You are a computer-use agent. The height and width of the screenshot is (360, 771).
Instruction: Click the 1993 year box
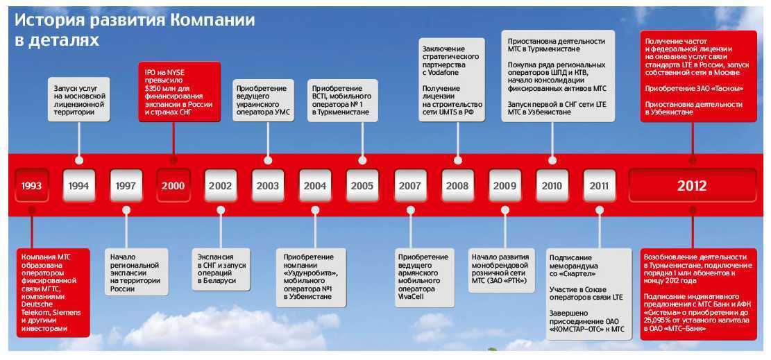click(31, 185)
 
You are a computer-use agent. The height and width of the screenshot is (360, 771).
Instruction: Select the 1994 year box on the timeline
click(78, 185)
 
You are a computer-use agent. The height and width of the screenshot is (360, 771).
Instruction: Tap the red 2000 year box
click(173, 185)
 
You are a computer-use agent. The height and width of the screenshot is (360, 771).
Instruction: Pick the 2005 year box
click(362, 185)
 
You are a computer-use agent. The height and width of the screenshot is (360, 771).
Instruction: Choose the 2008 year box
click(457, 185)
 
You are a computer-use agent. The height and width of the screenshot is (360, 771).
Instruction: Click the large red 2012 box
click(692, 185)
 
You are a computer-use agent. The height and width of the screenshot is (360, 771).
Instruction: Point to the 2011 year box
click(598, 185)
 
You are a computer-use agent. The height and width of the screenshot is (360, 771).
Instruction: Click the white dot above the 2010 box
click(552, 160)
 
